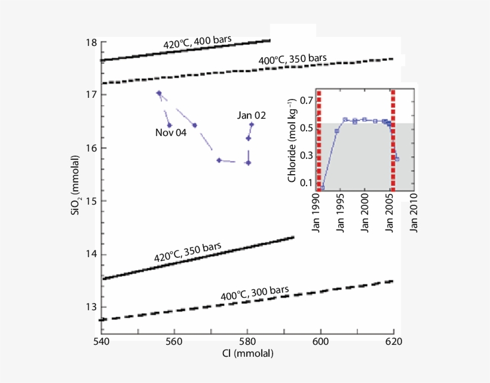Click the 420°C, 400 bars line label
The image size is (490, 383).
[198, 43]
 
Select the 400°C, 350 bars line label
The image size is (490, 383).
[292, 59]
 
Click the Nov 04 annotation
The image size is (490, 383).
[171, 133]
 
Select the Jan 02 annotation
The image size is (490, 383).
[251, 115]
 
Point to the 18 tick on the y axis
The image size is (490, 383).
[91, 43]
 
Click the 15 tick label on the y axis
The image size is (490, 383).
[91, 201]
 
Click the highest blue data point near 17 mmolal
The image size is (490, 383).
[159, 93]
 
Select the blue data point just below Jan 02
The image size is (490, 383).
[249, 138]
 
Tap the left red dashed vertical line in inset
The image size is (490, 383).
[319, 141]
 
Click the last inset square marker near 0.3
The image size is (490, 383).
[397, 159]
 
